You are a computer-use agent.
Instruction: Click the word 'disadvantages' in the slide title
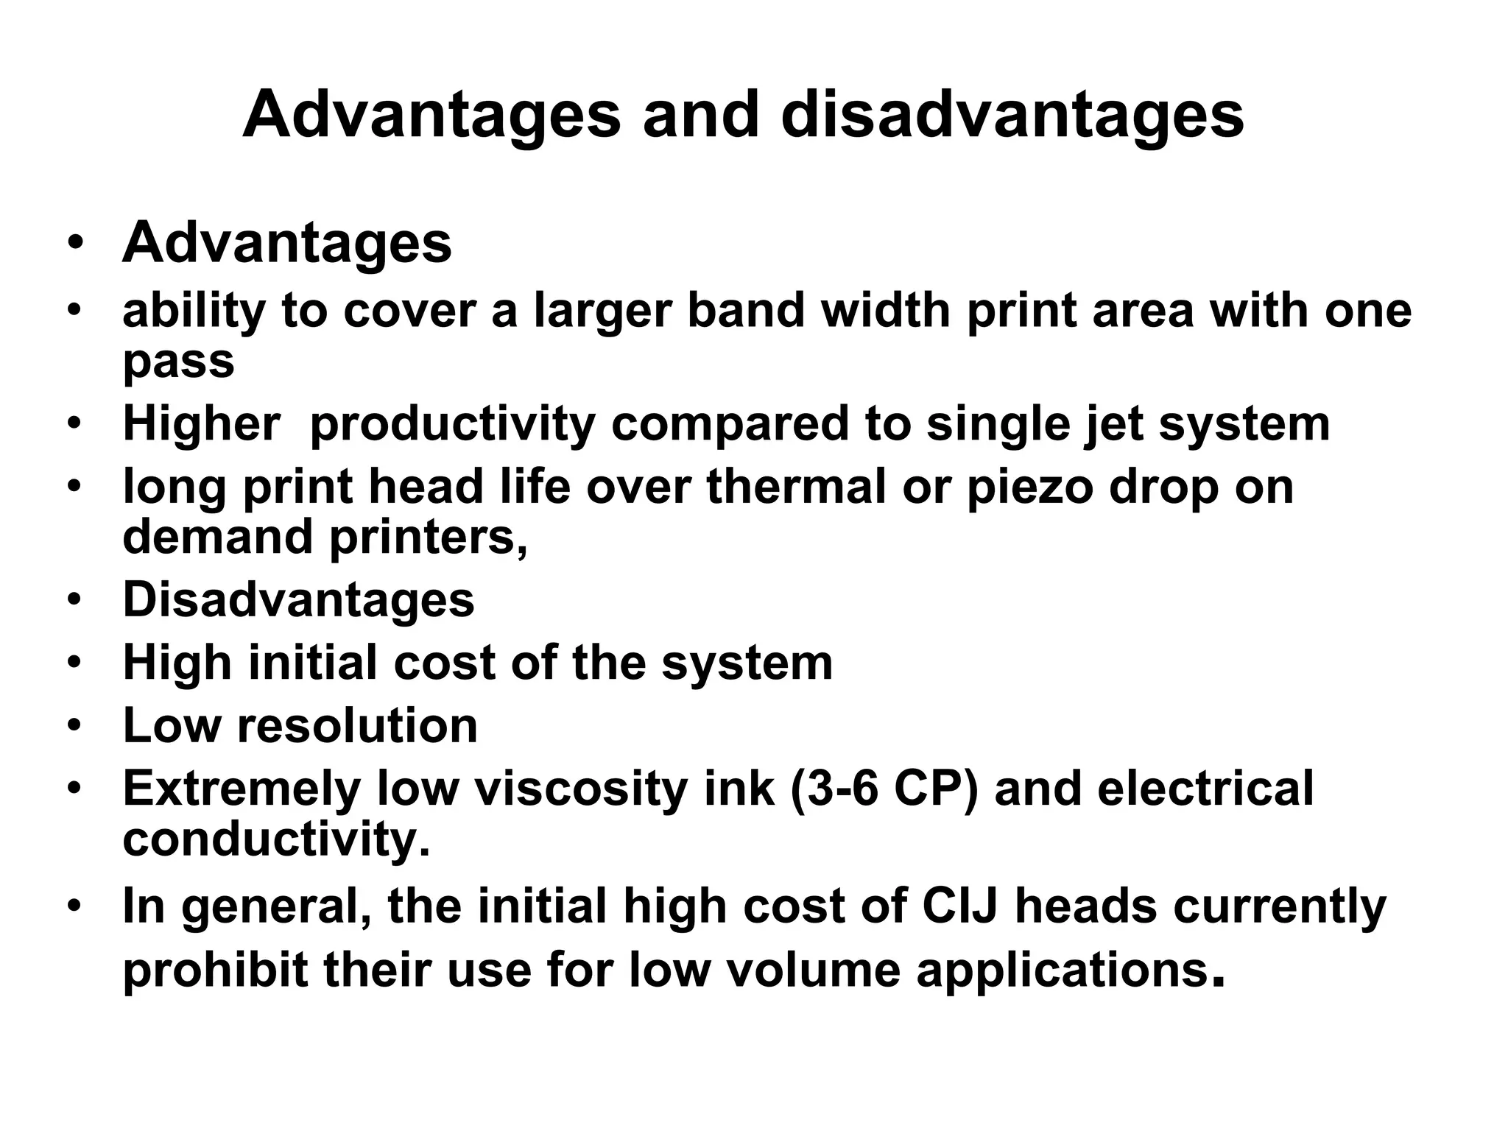coord(1012,116)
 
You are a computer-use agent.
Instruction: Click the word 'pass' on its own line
coord(178,362)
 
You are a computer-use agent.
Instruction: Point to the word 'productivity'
coord(452,425)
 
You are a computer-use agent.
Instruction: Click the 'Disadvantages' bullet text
coord(298,599)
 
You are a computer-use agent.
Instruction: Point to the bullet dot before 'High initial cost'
coord(74,663)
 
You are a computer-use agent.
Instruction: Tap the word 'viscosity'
coord(582,789)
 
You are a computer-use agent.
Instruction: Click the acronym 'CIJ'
coord(959,906)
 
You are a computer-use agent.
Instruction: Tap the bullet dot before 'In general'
coord(74,906)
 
